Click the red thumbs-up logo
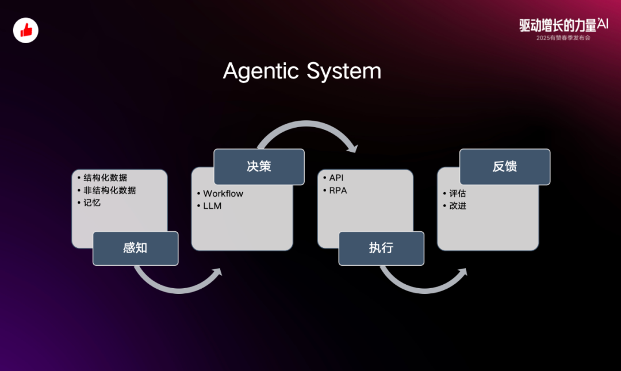(x=26, y=30)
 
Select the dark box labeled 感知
(x=135, y=248)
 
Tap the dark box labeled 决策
(x=259, y=166)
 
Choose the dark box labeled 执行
(x=381, y=248)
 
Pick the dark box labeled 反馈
(x=504, y=166)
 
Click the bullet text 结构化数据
(x=105, y=177)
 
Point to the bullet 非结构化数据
(x=110, y=190)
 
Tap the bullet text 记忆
(x=92, y=202)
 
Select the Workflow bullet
(x=223, y=193)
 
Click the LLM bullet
(x=212, y=206)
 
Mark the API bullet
(x=336, y=178)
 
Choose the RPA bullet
(x=338, y=190)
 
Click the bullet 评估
(x=458, y=193)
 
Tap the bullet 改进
(x=458, y=206)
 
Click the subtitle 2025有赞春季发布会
(x=563, y=38)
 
